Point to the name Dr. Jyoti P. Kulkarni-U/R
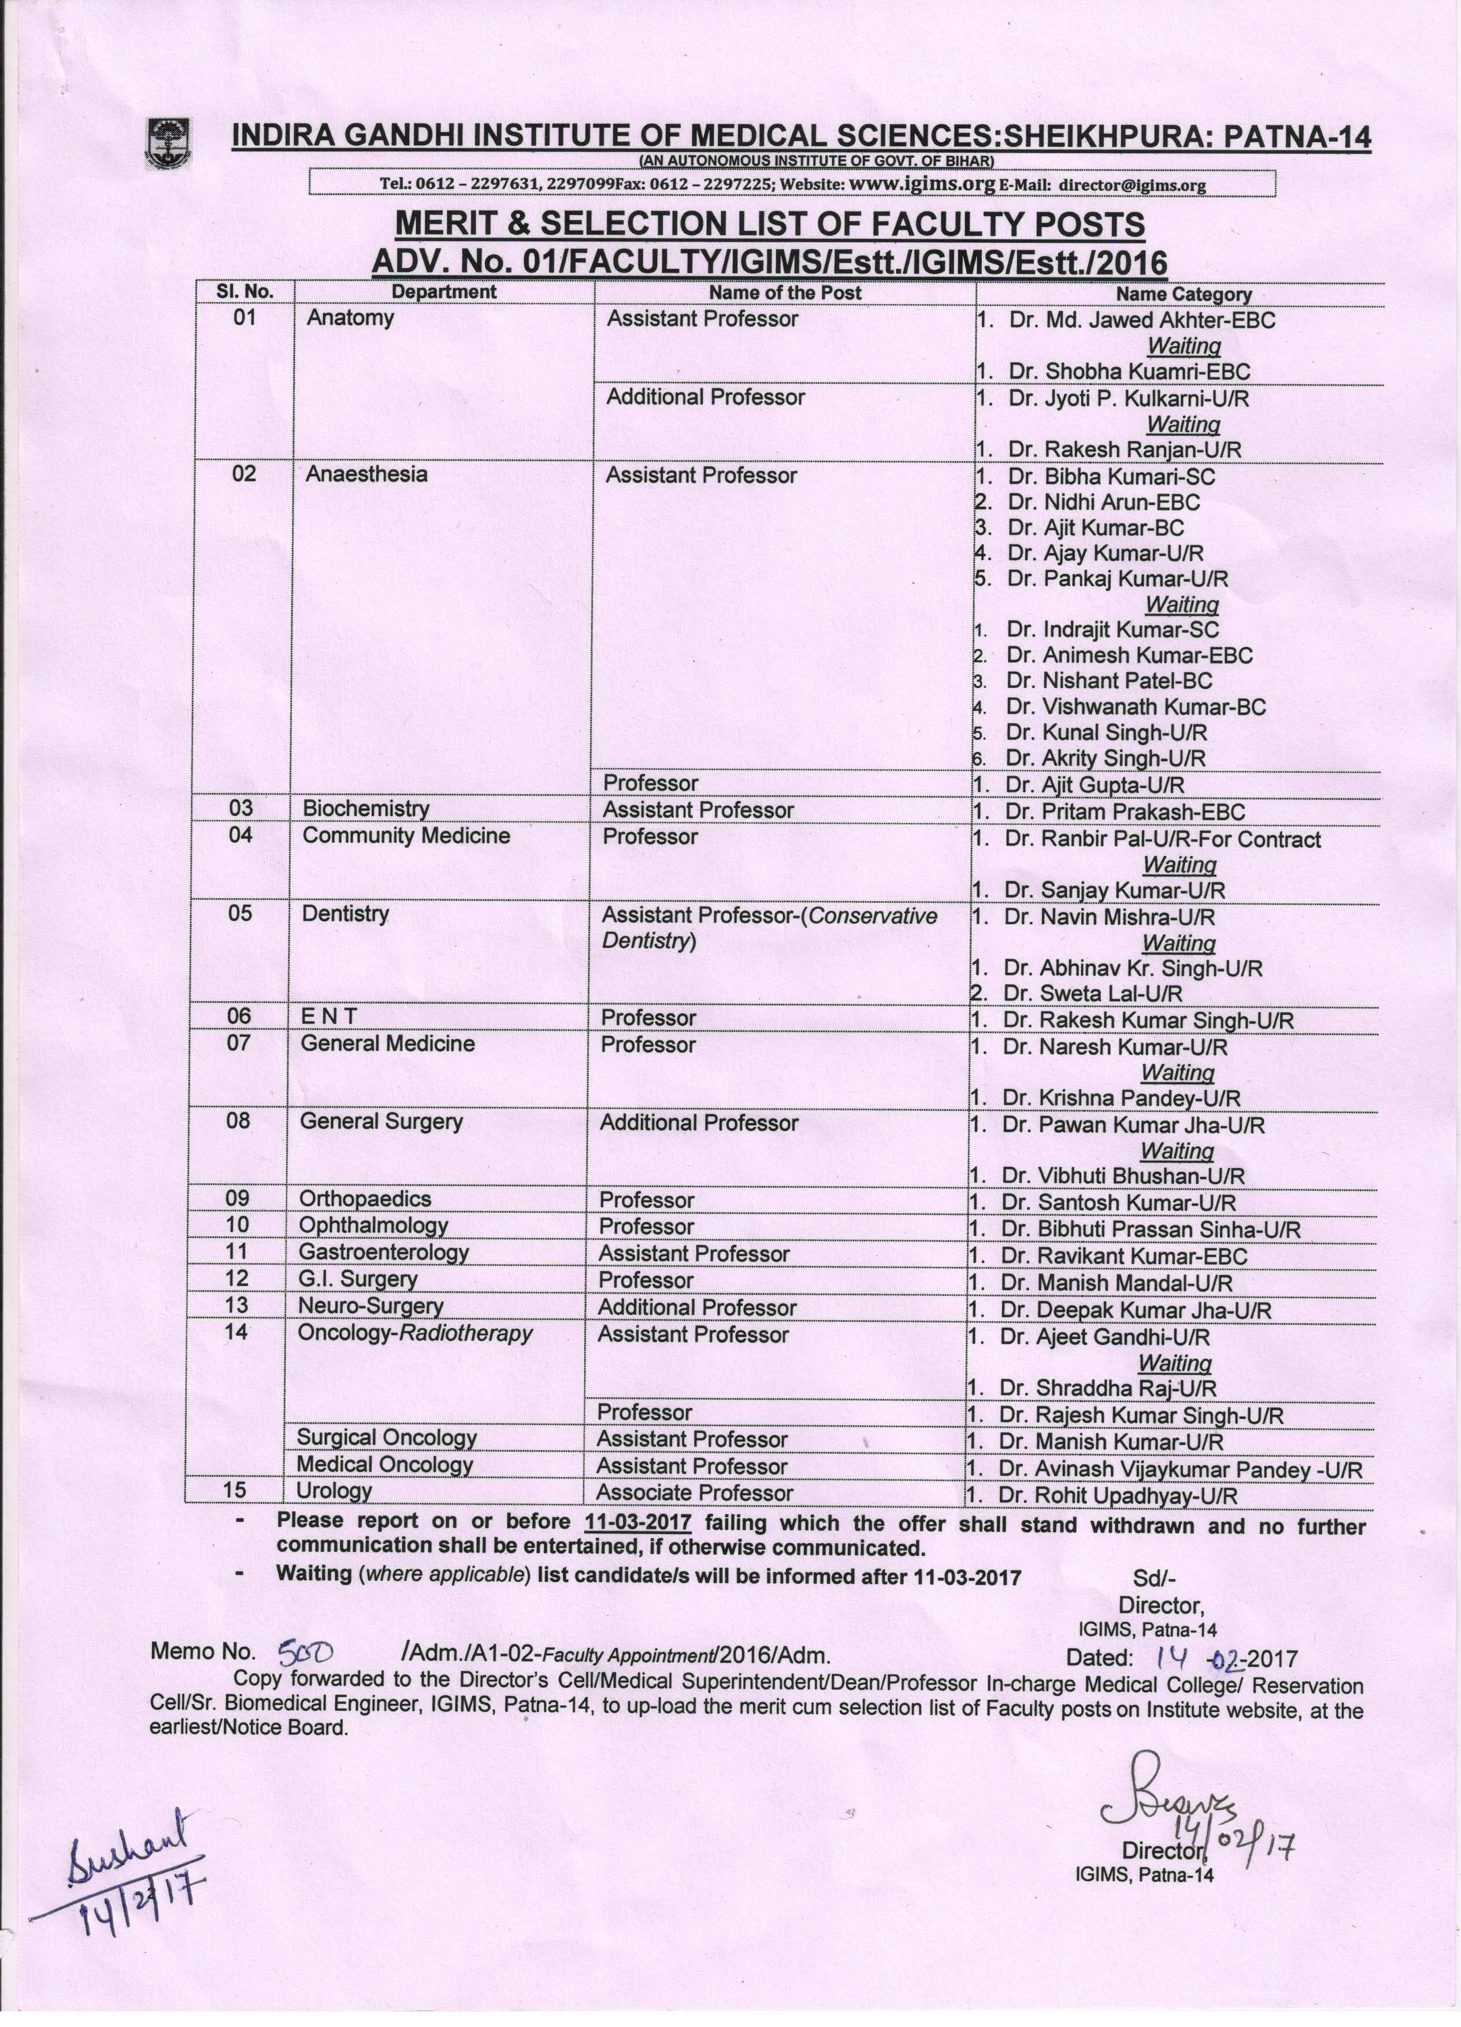click(x=1129, y=399)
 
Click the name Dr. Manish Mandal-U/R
click(x=1116, y=1283)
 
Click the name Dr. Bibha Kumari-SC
click(x=1111, y=476)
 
